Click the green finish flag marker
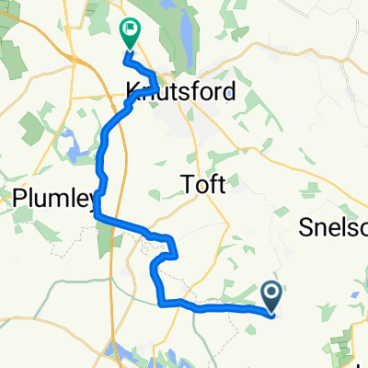130,34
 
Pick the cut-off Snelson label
335,228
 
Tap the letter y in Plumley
90,200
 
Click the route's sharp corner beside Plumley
97,215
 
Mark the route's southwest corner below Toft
163,301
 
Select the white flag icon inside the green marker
131,30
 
